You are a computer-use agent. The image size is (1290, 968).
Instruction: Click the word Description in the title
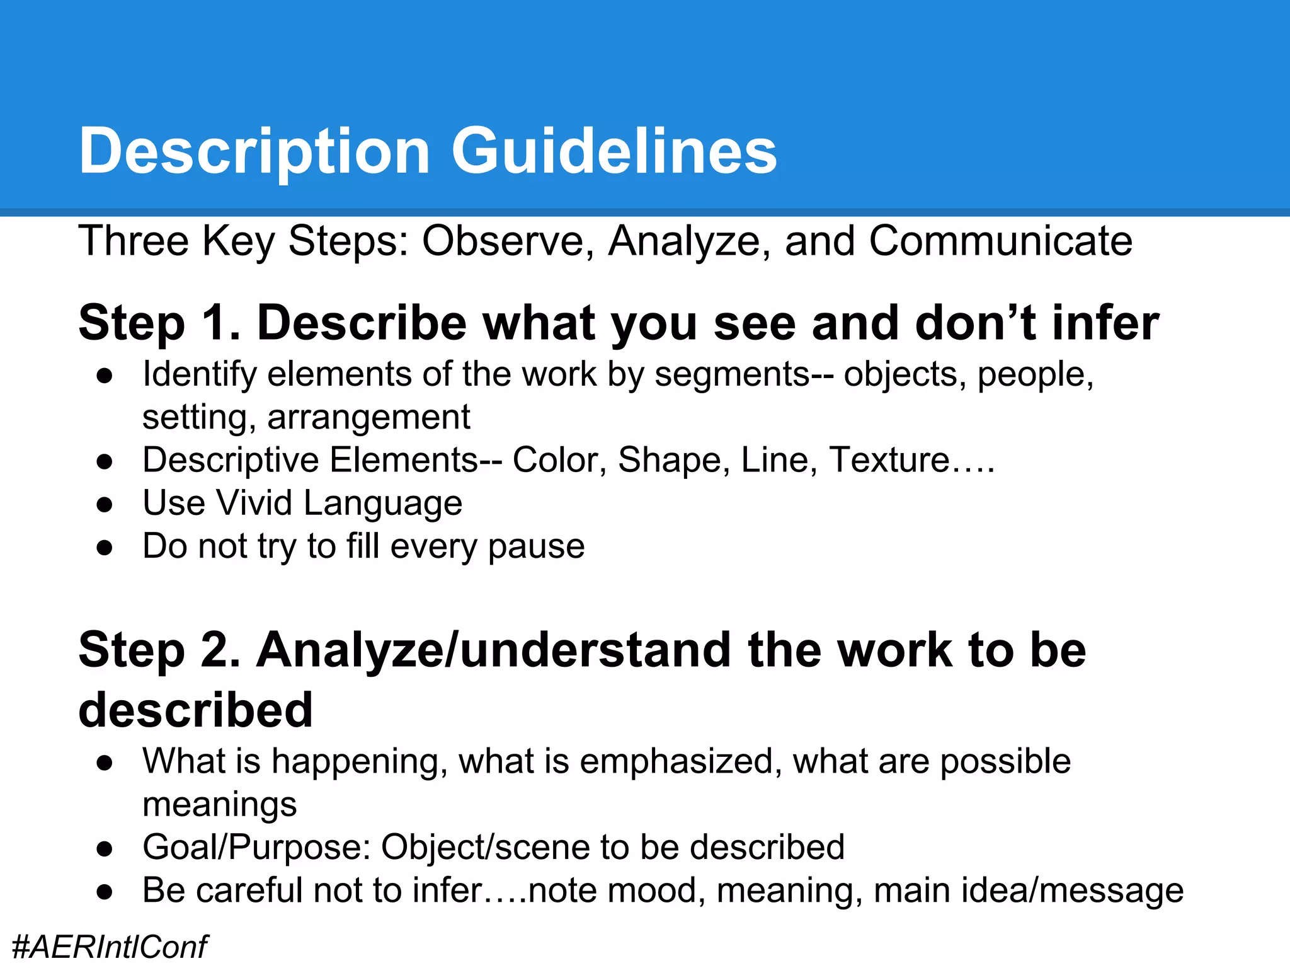pyautogui.click(x=254, y=152)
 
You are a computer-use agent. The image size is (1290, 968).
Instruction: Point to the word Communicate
pyautogui.click(x=1000, y=241)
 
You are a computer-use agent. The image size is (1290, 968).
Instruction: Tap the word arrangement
pyautogui.click(x=368, y=417)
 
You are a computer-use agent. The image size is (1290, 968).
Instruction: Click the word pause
pyautogui.click(x=536, y=547)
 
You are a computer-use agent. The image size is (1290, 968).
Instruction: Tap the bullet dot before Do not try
pyautogui.click(x=105, y=548)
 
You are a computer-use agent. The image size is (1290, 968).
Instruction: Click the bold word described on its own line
pyautogui.click(x=195, y=710)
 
